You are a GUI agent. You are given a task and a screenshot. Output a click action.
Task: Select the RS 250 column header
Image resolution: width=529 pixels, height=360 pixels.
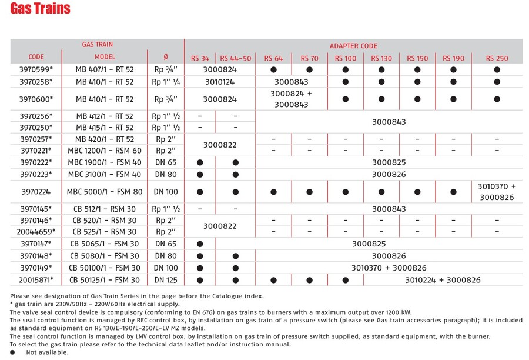tap(497, 58)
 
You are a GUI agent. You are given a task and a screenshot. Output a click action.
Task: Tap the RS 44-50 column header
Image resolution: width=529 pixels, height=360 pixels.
tap(235, 58)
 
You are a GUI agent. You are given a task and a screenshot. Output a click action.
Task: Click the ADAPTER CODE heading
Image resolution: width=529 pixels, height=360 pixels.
tap(353, 45)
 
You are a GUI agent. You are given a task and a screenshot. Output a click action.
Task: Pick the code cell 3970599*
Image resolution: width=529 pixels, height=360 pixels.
tap(36, 69)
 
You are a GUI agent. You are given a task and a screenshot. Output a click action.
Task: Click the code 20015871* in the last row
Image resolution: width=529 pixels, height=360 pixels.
tap(36, 280)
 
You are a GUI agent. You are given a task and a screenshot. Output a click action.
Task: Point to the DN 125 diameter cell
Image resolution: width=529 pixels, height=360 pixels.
tap(165, 280)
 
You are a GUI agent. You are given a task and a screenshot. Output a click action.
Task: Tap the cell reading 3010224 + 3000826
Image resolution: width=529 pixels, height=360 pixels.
tap(443, 280)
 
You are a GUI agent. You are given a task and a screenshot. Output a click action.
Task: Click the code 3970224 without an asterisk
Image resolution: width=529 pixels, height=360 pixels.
tap(36, 192)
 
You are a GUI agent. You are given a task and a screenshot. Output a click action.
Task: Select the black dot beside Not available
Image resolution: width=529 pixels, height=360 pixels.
tap(14, 352)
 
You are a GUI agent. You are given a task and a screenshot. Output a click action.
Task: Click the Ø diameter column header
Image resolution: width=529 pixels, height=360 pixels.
tap(165, 57)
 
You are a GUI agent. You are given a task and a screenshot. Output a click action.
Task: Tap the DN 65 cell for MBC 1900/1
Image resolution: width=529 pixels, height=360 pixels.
tap(165, 162)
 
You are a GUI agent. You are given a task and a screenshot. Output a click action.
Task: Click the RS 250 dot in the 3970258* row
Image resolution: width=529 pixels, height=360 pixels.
tap(497, 82)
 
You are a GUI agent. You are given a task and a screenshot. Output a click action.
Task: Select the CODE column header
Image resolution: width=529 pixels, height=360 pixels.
tap(36, 57)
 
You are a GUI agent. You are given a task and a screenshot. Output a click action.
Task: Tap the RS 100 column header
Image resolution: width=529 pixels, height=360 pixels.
tap(346, 58)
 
